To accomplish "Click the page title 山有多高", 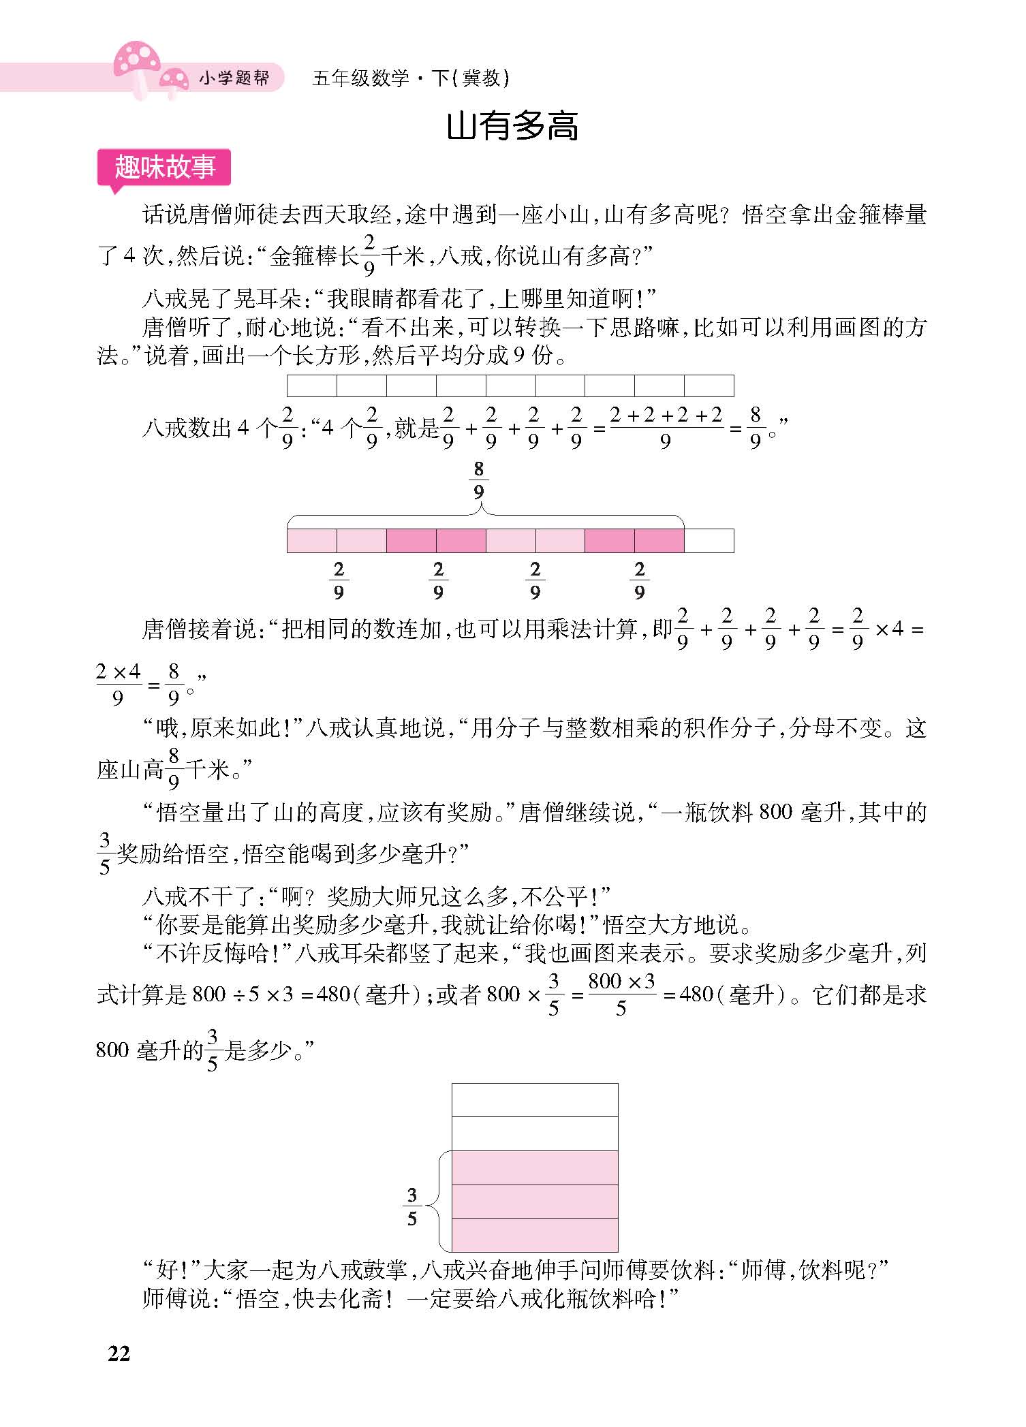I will tap(512, 127).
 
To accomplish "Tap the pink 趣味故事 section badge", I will tap(165, 167).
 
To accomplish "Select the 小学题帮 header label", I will tap(234, 79).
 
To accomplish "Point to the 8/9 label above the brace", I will tap(479, 480).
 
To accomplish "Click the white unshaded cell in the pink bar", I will tap(709, 541).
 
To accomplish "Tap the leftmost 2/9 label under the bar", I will tap(339, 580).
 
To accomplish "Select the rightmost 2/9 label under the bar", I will tap(639, 580).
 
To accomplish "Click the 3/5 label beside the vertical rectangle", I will tap(411, 1206).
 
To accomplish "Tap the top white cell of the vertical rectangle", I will tap(535, 1099).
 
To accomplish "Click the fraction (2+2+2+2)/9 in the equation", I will tap(665, 428).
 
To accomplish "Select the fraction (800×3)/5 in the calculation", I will tap(621, 995).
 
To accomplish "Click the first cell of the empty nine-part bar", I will tap(312, 386).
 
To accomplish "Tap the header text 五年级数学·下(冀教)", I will tap(411, 79).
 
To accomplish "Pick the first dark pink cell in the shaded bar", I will tap(411, 541).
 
